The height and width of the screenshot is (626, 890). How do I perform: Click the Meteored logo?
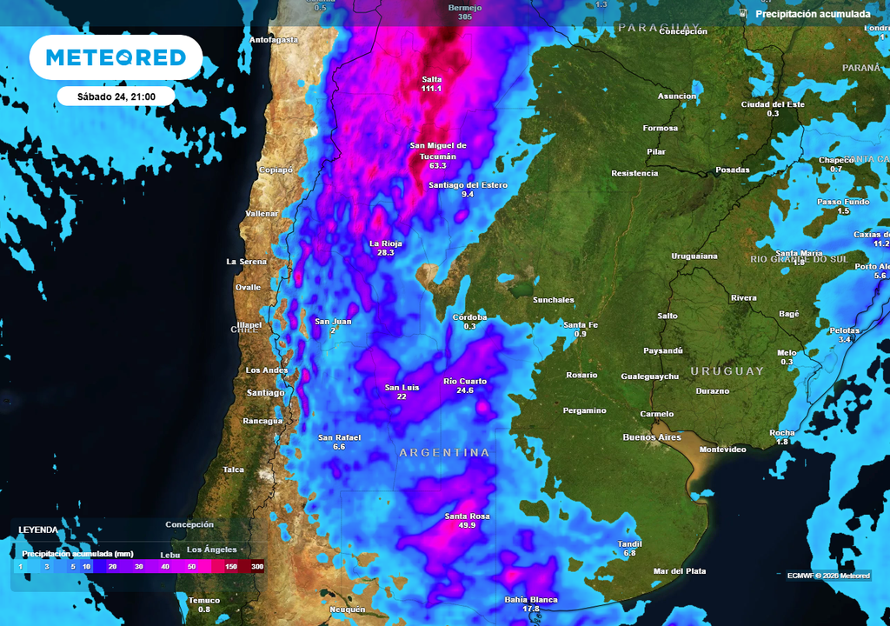(116, 57)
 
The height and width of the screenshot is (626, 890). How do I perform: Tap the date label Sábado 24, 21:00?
(116, 97)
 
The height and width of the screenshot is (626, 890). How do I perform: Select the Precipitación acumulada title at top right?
(812, 14)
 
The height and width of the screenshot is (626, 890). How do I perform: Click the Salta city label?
(431, 79)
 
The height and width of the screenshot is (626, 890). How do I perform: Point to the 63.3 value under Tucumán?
(437, 165)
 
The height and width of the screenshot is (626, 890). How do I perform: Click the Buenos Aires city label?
(652, 437)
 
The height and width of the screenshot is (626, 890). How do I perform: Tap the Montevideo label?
(723, 450)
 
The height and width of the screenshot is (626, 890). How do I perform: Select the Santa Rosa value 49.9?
(467, 526)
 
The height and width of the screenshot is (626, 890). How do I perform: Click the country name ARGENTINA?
(444, 453)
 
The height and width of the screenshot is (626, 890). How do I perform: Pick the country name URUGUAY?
(727, 371)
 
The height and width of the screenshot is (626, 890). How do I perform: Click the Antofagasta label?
(274, 40)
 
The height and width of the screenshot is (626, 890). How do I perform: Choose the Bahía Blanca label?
(530, 600)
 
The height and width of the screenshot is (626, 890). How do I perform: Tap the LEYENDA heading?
(38, 529)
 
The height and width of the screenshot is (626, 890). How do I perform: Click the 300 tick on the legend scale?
(257, 566)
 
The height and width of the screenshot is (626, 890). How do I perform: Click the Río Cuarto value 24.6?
(465, 390)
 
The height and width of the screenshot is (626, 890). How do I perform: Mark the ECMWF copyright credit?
(827, 575)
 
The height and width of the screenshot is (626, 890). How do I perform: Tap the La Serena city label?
(246, 262)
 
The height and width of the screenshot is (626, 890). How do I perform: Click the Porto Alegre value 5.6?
(880, 276)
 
